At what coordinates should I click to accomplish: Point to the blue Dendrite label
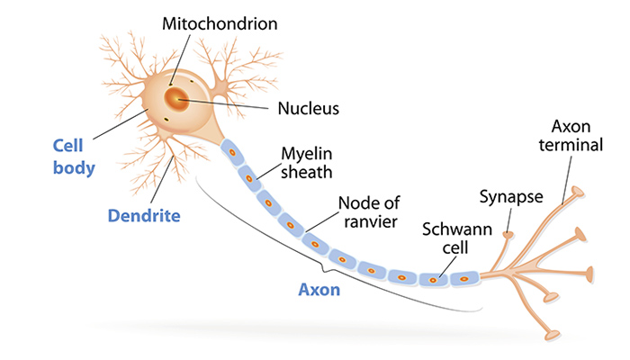click(x=144, y=216)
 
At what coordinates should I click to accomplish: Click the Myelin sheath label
click(x=307, y=162)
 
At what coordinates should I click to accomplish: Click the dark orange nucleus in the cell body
click(x=179, y=96)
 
